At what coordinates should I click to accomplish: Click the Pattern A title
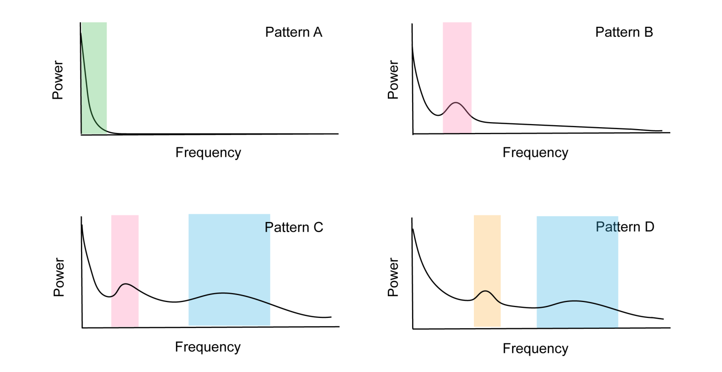pos(294,33)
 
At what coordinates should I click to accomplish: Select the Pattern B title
pos(624,33)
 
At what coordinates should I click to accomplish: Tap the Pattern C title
pos(294,227)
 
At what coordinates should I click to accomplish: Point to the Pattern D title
pos(625,227)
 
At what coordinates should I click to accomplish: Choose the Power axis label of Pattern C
pos(59,277)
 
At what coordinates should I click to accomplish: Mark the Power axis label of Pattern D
pos(393,277)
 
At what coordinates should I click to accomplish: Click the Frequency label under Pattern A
pos(208,152)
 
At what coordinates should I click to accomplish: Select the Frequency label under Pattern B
pos(535,152)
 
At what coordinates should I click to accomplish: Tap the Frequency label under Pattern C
pos(207,347)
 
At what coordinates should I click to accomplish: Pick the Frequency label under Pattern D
pos(535,349)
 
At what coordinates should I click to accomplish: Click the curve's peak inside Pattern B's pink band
pos(456,103)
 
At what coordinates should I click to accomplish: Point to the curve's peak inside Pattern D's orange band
pos(486,291)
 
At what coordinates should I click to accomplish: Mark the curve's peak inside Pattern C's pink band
pos(126,284)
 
